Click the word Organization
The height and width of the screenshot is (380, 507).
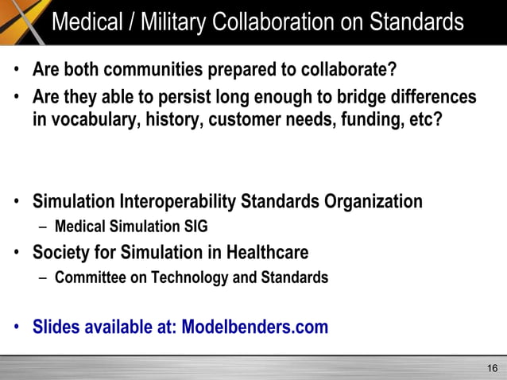[x=373, y=202]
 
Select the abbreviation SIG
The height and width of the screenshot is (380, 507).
[x=195, y=227]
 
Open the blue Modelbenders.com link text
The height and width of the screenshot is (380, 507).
[x=255, y=327]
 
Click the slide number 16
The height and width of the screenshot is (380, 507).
[x=492, y=367]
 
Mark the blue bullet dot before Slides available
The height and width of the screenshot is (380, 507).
[x=17, y=328]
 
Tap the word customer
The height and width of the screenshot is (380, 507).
[x=248, y=123]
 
